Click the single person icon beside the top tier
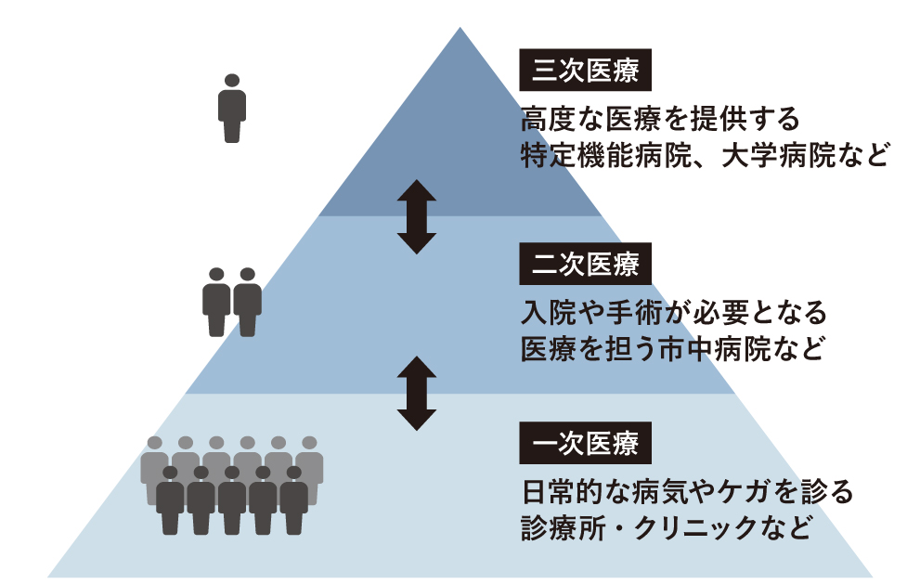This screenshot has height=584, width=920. pyautogui.click(x=232, y=109)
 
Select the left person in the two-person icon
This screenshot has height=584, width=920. pyautogui.click(x=217, y=302)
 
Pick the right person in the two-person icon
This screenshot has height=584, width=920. pyautogui.click(x=247, y=302)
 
